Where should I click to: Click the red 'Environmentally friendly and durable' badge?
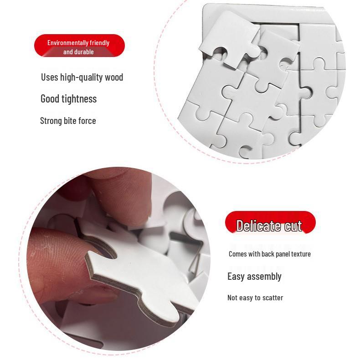tap(79, 46)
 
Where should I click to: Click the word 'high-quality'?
tap(82, 77)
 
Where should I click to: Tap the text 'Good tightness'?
tap(68, 98)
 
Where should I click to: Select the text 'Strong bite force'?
tap(68, 121)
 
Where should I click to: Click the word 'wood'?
tap(114, 77)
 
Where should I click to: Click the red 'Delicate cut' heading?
tap(270, 225)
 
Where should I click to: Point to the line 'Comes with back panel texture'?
tap(269, 254)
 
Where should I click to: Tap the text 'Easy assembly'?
tap(254, 276)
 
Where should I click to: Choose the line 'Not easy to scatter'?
tap(255, 298)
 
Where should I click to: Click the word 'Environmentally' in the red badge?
tap(67, 42)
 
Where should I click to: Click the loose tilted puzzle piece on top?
tap(228, 36)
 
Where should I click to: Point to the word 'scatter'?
tap(272, 298)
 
